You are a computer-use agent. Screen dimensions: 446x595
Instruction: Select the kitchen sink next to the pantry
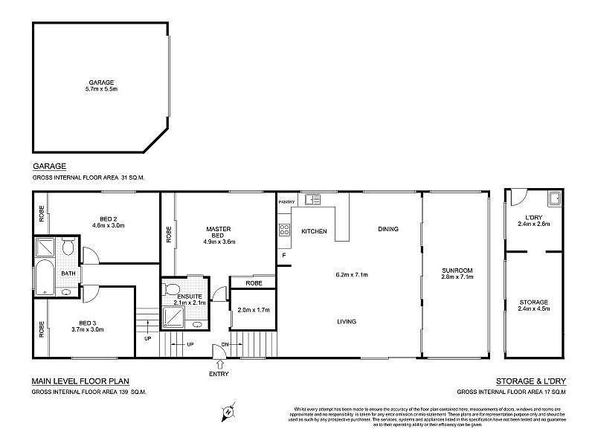point(312,199)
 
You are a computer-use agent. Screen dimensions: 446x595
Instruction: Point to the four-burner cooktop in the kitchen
point(283,230)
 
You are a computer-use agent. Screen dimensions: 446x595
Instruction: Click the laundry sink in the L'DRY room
point(553,198)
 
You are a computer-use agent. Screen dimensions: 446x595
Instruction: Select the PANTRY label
point(286,201)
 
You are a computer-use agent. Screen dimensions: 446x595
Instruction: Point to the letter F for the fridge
point(283,256)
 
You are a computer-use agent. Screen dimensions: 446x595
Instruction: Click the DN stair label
point(225,344)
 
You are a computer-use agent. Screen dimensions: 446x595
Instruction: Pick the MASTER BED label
point(219,231)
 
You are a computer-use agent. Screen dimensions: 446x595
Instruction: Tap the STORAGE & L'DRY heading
point(532,381)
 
